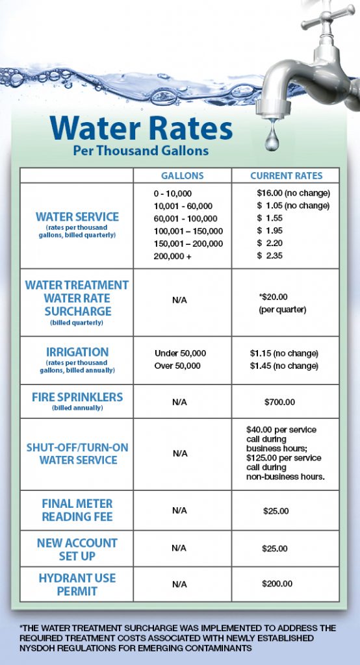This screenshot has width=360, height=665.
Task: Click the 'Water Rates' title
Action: [141, 128]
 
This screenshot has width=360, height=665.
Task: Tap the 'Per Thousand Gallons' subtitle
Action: [140, 151]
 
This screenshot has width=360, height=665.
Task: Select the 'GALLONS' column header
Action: [182, 176]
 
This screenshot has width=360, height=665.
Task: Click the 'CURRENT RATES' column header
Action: [286, 176]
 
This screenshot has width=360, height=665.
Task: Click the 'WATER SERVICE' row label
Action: [77, 217]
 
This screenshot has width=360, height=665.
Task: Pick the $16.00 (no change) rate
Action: [293, 194]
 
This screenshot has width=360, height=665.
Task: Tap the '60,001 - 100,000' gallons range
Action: [185, 218]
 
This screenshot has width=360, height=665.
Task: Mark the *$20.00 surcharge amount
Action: [273, 297]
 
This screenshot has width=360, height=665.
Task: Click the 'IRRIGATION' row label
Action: [77, 352]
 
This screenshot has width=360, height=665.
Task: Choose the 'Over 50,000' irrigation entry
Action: [177, 366]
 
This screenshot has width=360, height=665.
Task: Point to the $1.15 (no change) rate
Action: [284, 353]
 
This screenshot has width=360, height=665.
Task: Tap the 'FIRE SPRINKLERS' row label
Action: [77, 397]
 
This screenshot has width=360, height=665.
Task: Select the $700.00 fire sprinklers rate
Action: [279, 403]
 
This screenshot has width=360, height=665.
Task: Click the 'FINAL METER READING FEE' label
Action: [77, 510]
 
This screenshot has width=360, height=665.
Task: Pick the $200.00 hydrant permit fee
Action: [277, 584]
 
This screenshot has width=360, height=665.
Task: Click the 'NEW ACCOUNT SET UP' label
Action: [77, 549]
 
